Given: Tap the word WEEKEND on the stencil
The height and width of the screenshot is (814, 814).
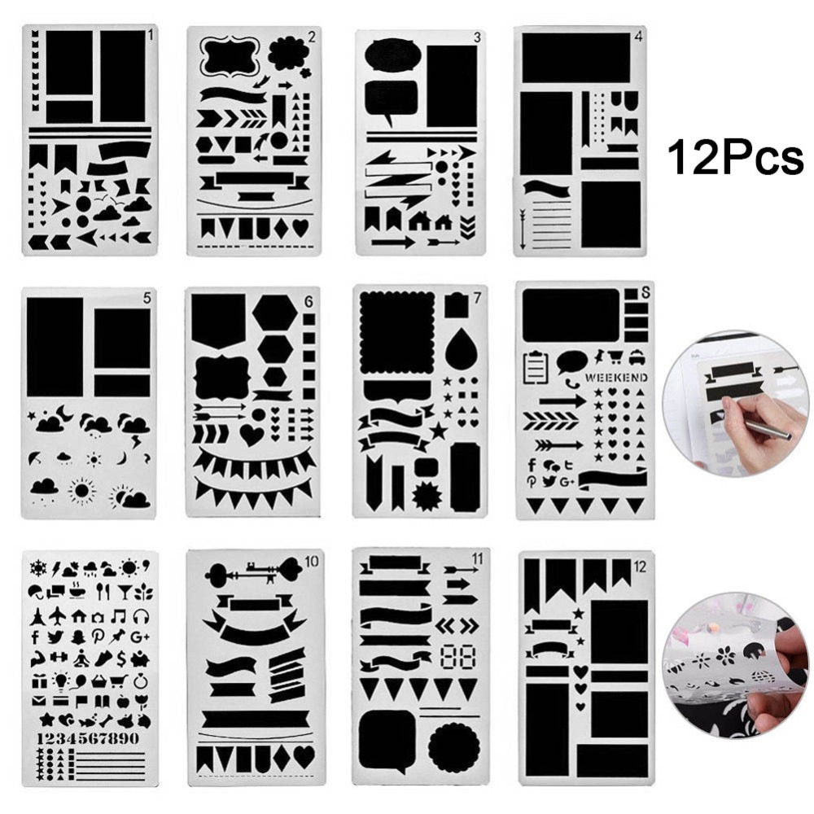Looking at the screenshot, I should (x=615, y=378).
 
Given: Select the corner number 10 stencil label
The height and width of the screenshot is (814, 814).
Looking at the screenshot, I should (x=311, y=560).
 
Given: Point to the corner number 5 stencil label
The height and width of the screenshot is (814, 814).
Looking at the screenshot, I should (x=147, y=299).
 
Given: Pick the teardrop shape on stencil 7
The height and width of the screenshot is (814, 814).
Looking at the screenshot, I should (x=461, y=348).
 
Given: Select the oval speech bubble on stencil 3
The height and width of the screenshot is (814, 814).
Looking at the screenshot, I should (x=392, y=56).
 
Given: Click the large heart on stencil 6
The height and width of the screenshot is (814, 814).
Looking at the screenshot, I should (x=252, y=435).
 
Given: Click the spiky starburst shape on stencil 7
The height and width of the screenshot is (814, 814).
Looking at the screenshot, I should (x=426, y=494).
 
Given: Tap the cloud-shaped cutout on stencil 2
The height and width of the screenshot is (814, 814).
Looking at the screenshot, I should (x=288, y=54).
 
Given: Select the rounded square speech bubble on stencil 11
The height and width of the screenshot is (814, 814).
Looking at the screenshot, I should (x=387, y=739).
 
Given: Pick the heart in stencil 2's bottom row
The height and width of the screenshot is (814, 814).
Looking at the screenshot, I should (x=301, y=228).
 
